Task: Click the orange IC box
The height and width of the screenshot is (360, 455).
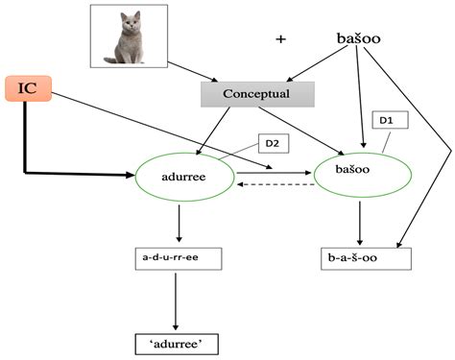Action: [x=29, y=89]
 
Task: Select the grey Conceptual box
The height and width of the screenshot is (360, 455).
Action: [x=256, y=93]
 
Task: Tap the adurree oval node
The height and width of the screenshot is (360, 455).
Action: [x=183, y=176]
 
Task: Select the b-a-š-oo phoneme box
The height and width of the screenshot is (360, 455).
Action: [x=365, y=258]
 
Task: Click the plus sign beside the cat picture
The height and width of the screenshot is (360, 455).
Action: [x=280, y=39]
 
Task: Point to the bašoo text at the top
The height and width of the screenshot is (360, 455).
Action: [x=360, y=38]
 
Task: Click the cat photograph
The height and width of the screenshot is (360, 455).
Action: [x=130, y=36]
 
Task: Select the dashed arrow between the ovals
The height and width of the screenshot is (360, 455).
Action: [x=275, y=184]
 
